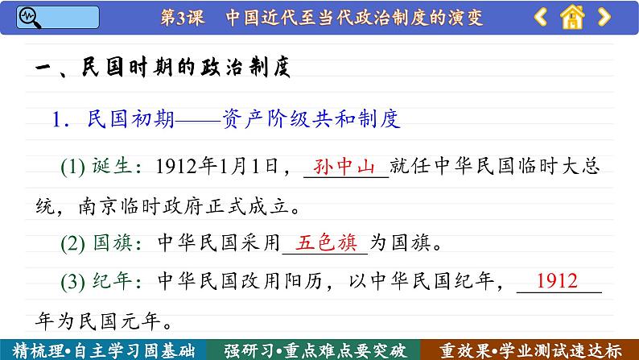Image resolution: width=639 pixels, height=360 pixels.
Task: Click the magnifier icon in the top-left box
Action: coord(29,16)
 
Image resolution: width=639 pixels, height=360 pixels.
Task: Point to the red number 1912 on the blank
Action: coord(557,282)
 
